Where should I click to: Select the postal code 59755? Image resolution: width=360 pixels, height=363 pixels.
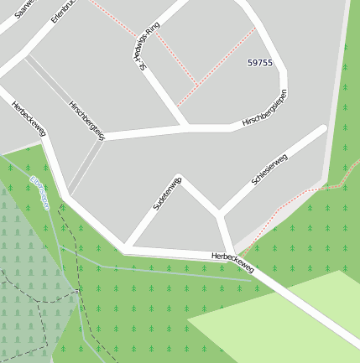pos(260,63)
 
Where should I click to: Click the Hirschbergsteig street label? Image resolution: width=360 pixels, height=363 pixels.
pos(87,121)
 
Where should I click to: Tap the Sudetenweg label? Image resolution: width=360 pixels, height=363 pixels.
pos(167,194)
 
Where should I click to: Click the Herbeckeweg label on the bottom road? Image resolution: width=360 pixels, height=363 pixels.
pos(232,262)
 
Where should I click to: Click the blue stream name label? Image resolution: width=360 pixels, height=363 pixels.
pos(39,193)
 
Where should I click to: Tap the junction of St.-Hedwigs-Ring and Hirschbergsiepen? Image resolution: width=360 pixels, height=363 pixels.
pos(186,127)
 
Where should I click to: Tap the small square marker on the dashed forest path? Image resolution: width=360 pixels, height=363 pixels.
pos(76,291)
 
